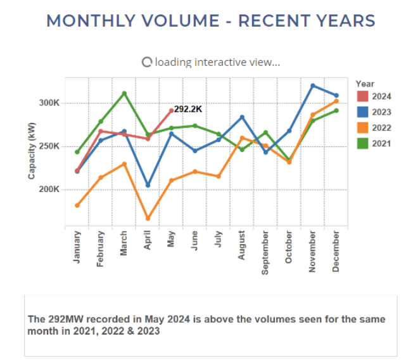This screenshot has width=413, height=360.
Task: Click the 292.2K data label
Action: tap(187, 109)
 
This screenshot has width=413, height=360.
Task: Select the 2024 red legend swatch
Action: tap(362, 96)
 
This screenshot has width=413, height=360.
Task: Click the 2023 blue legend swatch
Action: tap(362, 112)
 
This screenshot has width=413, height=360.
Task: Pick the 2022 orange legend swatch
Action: tap(362, 128)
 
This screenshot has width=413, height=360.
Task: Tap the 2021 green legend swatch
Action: tap(362, 144)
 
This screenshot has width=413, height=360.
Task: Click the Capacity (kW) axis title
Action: tap(32, 151)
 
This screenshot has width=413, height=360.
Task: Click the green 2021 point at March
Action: tap(124, 93)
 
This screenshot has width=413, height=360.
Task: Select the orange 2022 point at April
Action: tap(148, 219)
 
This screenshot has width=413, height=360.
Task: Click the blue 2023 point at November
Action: tap(313, 86)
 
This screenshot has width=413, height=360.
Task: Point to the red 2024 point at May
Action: tap(171, 111)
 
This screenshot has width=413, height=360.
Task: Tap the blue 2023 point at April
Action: tap(148, 185)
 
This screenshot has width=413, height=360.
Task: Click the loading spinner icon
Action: tap(147, 62)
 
